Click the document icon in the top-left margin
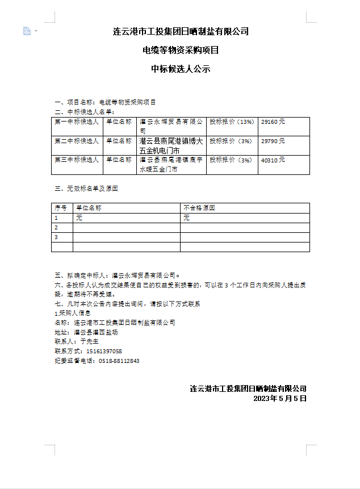click(x=27, y=31)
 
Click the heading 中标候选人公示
click(x=181, y=69)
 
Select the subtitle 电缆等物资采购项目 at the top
click(x=181, y=50)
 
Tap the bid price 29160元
click(x=273, y=122)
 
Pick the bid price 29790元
click(x=273, y=141)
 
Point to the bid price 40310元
click(x=273, y=160)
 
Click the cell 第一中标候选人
click(x=77, y=122)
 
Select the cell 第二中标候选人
click(x=77, y=141)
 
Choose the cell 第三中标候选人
click(x=77, y=160)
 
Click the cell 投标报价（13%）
click(x=232, y=122)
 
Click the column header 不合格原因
click(x=199, y=208)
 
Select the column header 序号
click(x=61, y=208)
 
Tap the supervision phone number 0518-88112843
click(x=119, y=361)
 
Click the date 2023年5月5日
click(x=280, y=399)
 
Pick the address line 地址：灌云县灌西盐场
click(x=86, y=332)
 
